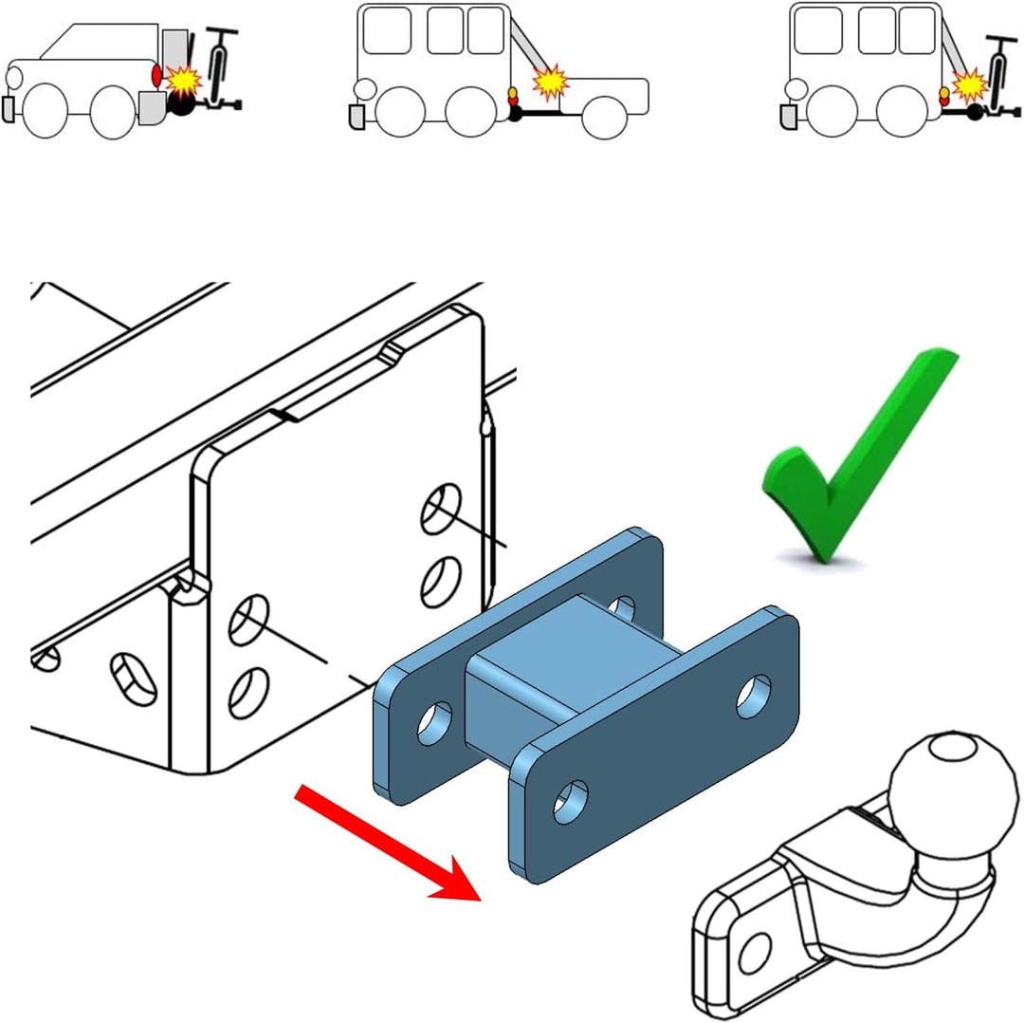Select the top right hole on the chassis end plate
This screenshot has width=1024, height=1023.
(x=441, y=507)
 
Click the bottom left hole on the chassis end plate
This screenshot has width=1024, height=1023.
(x=247, y=693)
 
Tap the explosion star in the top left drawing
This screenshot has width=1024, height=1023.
(x=182, y=80)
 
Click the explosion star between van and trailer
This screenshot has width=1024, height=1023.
(x=550, y=83)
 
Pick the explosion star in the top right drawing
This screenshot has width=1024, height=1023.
(x=968, y=86)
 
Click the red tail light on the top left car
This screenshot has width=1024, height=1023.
(x=157, y=74)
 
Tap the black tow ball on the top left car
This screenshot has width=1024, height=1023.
(x=181, y=104)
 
